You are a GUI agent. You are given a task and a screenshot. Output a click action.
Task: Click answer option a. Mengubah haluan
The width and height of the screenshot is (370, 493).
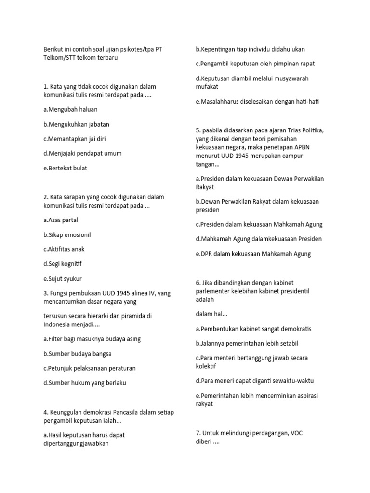[x=70, y=109]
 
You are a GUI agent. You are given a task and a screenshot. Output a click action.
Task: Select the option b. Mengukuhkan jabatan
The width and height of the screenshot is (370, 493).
[x=76, y=124]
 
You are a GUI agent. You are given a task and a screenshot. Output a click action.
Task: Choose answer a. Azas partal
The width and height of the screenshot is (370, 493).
[x=60, y=220]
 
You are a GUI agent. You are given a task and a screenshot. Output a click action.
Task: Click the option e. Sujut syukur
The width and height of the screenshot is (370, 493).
[x=62, y=278]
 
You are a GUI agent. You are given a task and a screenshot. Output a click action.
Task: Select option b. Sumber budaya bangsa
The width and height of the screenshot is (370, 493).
[x=77, y=354]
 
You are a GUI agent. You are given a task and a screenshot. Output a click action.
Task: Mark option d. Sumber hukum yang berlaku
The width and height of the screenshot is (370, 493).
[x=84, y=383]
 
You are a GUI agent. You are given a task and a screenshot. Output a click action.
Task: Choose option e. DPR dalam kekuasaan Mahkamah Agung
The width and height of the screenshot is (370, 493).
[x=253, y=254]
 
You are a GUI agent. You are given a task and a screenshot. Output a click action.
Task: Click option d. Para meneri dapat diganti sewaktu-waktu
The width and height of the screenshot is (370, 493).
[x=254, y=381]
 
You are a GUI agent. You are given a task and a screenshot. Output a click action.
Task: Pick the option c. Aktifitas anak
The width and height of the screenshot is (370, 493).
[x=64, y=249]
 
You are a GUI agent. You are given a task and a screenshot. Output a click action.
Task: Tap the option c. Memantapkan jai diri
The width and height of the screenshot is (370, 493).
[x=74, y=139]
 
